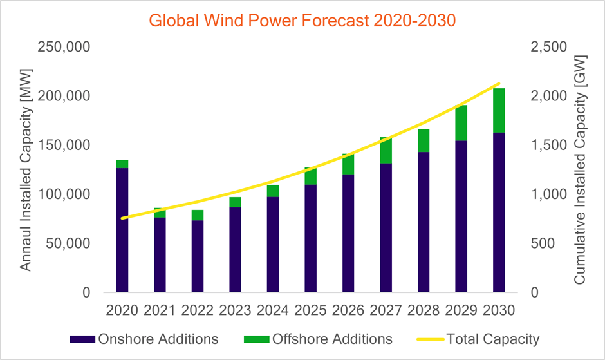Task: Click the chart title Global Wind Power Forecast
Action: tap(302, 20)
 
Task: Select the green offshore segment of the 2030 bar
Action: tap(499, 110)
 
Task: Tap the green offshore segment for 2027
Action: tap(386, 150)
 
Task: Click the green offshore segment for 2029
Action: tap(461, 123)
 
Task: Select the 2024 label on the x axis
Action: tap(273, 310)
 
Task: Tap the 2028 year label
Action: tap(423, 310)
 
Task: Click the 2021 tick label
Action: tap(160, 310)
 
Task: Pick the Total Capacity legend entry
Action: tap(476, 339)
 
